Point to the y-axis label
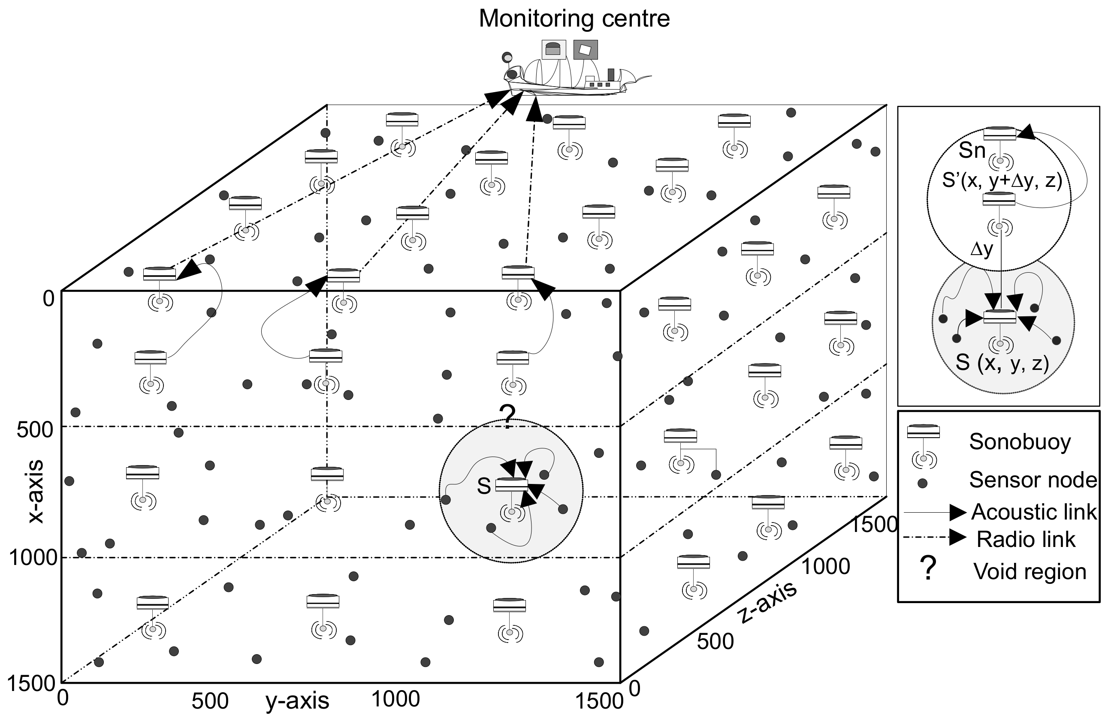pyautogui.click(x=297, y=701)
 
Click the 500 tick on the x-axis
pyautogui.click(x=35, y=430)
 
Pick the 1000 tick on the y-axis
pyautogui.click(x=395, y=699)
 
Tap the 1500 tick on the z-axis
pyautogui.click(x=873, y=524)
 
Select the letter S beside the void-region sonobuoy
pyautogui.click(x=484, y=486)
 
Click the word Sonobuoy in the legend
pyautogui.click(x=1020, y=442)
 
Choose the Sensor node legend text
pyautogui.click(x=1033, y=479)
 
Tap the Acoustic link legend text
pyautogui.click(x=1033, y=512)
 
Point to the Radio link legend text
pyautogui.click(x=1026, y=539)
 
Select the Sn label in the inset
pyautogui.click(x=972, y=151)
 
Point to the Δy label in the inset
pyautogui.click(x=981, y=250)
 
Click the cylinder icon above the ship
pyautogui.click(x=553, y=49)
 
